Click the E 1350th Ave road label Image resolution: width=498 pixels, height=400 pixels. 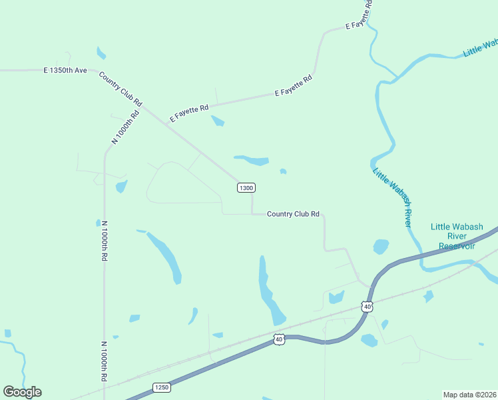pos(65,70)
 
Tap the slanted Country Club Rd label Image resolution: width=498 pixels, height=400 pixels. pos(121,89)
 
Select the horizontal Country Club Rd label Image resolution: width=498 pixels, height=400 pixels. pos(293,214)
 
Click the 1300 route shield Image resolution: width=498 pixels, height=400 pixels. pos(246,188)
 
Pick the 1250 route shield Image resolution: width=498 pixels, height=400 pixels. pos(162,387)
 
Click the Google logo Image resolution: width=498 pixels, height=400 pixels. pos(22,392)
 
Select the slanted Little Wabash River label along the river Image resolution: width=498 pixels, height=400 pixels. pos(393,197)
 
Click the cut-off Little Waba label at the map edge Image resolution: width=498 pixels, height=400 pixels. pos(481,47)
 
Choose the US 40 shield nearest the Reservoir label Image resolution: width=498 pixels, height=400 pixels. pos(367,306)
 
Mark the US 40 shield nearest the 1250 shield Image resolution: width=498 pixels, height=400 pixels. pos(279,340)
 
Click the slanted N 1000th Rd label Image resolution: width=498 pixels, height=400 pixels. pos(126,127)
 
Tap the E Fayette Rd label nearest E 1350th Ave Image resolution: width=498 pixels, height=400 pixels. pos(189,112)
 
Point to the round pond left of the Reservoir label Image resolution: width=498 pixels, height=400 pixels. pos(381,247)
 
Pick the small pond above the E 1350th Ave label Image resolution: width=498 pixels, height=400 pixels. pos(101,53)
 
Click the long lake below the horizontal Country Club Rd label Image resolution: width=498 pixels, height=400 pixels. pos(270,293)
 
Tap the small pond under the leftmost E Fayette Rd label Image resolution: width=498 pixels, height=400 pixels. pos(218,121)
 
